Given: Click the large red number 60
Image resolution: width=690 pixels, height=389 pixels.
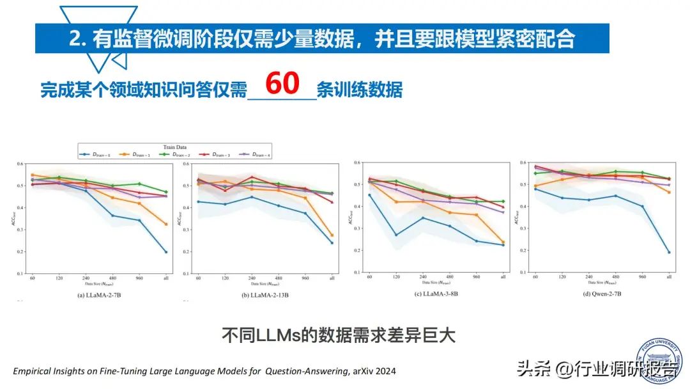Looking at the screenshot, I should coord(282,83).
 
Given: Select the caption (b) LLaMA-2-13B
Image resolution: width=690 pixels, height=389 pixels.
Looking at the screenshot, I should coord(264,294).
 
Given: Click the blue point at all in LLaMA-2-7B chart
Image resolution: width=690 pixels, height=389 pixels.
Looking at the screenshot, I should coord(166,252).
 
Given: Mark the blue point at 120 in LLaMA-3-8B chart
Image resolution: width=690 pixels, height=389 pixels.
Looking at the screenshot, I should coord(396,235).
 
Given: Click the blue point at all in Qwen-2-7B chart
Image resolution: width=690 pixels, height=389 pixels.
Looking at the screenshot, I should coord(669,252).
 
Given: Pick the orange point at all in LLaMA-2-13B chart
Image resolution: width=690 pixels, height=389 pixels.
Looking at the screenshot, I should coord(332,235).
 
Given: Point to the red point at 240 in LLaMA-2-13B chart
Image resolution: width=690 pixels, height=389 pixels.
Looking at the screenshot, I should coord(252,177).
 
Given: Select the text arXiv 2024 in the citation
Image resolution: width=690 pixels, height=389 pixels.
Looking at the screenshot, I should coord(378,371).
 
